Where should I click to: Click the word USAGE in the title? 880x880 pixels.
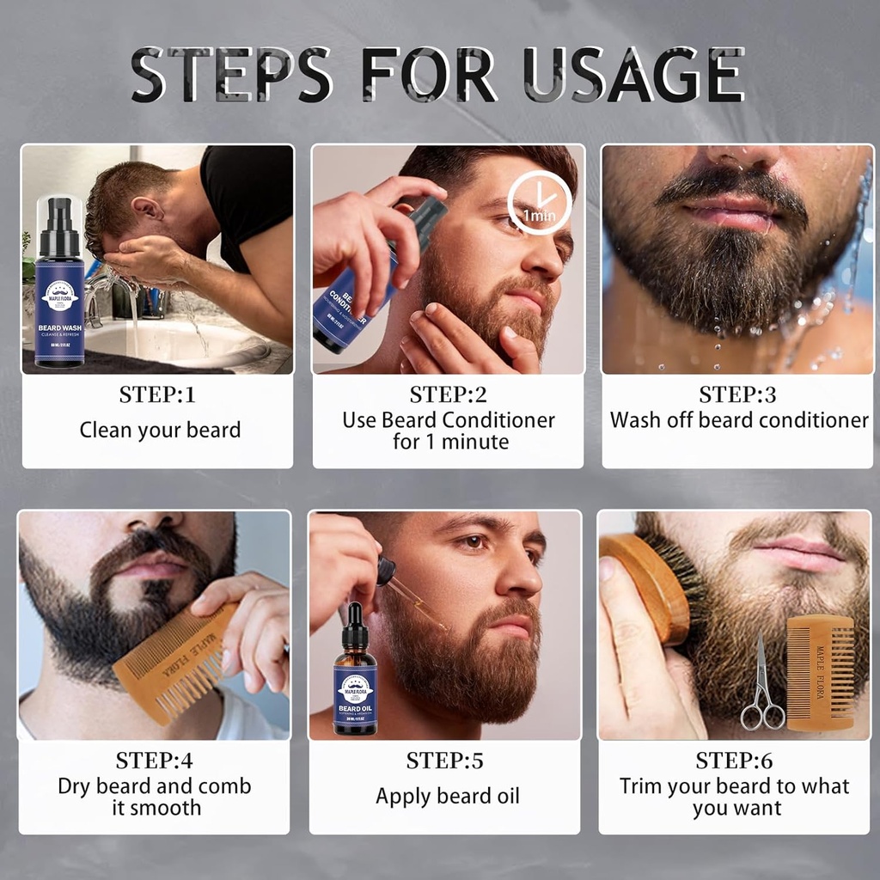point(633,75)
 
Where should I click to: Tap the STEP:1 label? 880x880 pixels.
point(157,395)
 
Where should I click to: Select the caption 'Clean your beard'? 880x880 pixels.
point(160,430)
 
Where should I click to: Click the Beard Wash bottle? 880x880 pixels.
point(60,284)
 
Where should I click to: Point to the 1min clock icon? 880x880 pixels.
point(539,206)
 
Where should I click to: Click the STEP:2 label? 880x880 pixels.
point(448,395)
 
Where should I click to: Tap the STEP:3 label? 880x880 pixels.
point(737,395)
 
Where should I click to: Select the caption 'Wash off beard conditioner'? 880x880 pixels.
point(739,420)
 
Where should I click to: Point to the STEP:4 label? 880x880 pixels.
point(155,761)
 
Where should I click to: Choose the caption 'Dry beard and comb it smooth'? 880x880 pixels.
point(155,797)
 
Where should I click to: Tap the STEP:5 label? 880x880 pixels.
point(445,761)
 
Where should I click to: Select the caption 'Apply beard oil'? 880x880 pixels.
point(447,797)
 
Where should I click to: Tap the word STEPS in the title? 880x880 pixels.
point(232,75)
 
